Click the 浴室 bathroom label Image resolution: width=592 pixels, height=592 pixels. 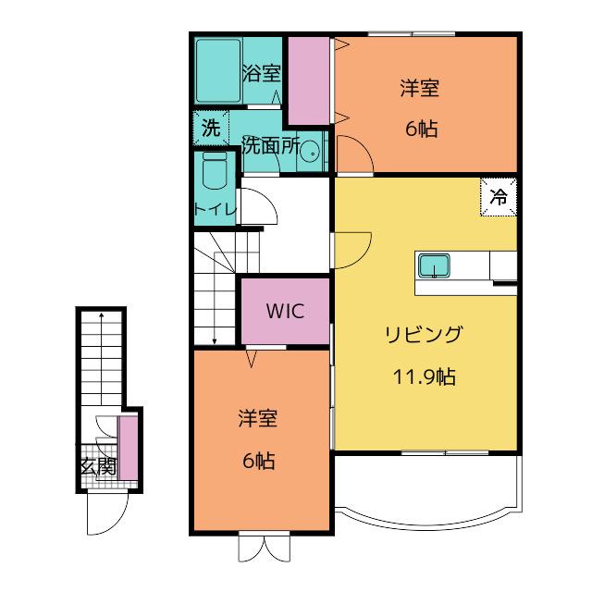(x=262, y=73)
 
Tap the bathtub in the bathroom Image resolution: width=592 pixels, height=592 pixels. (x=218, y=70)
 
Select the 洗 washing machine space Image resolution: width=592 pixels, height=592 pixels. (x=211, y=128)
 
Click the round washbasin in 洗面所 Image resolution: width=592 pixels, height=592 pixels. (x=310, y=152)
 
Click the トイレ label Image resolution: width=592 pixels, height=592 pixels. (x=216, y=209)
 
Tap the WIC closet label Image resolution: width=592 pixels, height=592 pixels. (x=285, y=311)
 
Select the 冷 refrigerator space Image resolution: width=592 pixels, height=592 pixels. (x=499, y=197)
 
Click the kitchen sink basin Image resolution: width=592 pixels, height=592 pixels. (x=434, y=265)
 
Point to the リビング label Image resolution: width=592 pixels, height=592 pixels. (x=424, y=335)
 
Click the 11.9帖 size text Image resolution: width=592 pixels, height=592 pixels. (x=425, y=376)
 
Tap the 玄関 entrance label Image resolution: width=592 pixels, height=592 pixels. (x=98, y=466)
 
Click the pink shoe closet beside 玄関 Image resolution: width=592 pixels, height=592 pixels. (x=128, y=448)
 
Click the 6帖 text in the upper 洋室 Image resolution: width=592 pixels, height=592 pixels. (x=422, y=129)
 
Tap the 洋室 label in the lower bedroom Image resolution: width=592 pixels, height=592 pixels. (x=258, y=418)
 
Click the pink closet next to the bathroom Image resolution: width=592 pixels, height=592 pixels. (x=309, y=80)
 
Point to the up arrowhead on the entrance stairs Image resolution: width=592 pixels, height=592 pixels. (x=101, y=314)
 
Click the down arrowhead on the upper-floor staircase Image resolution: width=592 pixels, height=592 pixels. (x=215, y=341)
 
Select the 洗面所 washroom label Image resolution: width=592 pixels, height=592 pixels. (x=271, y=145)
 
